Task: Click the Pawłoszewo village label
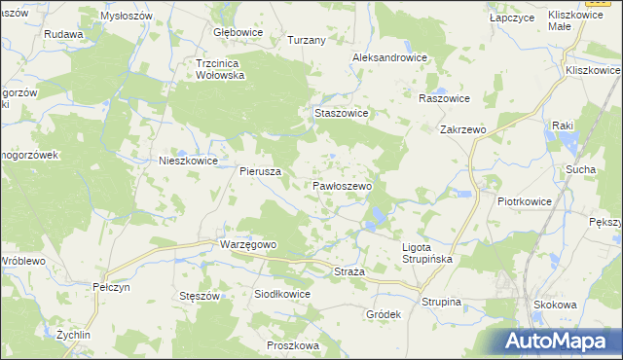point(342,185)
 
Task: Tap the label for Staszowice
point(341,113)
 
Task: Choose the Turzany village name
point(306,40)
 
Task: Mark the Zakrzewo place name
point(462,128)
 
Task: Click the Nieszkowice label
point(188,162)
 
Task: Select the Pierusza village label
point(261,170)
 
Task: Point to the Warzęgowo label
point(249,244)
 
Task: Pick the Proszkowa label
point(293,345)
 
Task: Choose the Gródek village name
point(384,315)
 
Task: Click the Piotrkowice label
point(525,201)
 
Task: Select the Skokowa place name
point(555,305)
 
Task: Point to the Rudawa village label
point(63,34)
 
